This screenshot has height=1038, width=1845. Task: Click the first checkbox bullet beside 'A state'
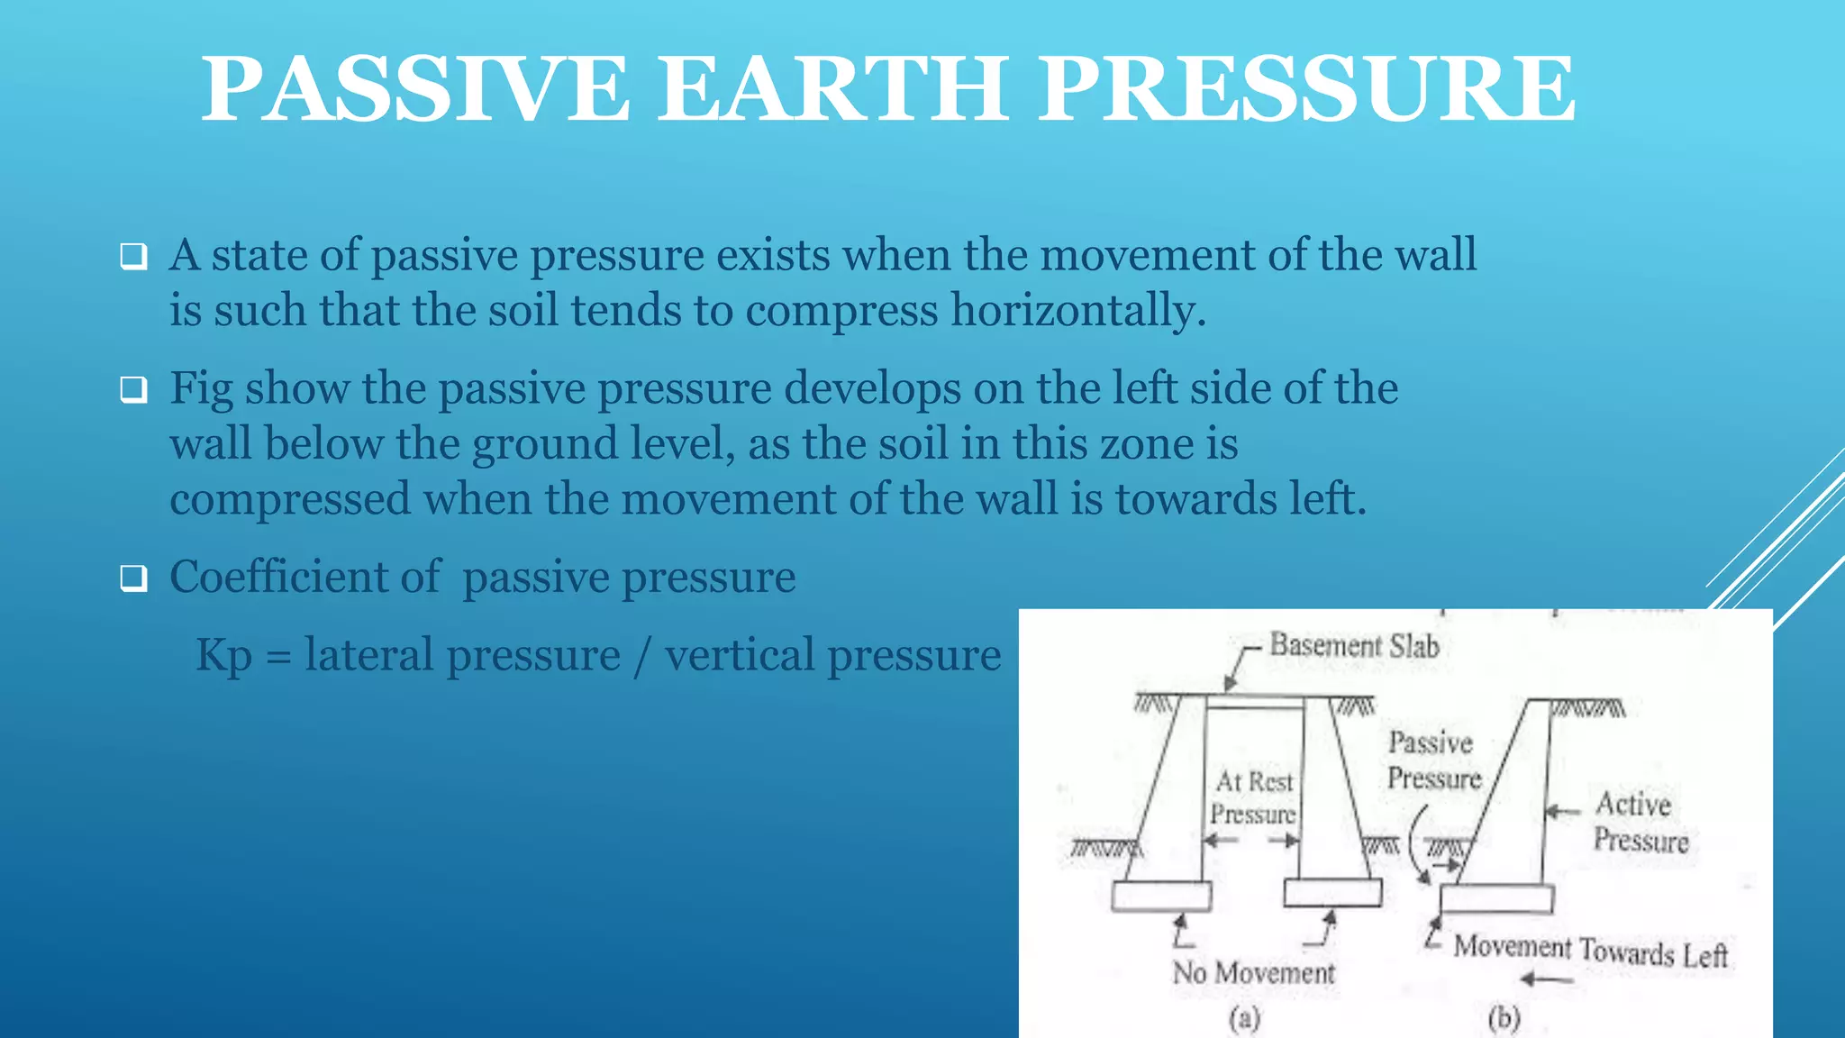(133, 257)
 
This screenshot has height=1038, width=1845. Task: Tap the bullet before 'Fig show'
(133, 390)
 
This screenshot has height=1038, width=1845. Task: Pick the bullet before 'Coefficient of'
(133, 578)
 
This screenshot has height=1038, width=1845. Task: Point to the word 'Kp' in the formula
(223, 655)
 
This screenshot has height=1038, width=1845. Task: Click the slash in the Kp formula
(641, 656)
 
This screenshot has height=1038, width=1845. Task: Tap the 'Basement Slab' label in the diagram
(1354, 645)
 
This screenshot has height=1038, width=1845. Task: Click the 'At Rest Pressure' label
(1253, 797)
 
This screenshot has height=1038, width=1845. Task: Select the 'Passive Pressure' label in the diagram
(1432, 760)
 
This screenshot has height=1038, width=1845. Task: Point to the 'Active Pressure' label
(1640, 822)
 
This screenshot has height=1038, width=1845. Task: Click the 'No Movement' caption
(1253, 973)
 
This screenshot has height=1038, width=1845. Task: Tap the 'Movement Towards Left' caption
(1590, 950)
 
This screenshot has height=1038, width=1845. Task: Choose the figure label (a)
(1244, 1019)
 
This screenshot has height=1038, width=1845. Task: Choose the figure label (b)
(1504, 1019)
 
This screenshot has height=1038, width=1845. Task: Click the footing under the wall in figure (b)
(1496, 899)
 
